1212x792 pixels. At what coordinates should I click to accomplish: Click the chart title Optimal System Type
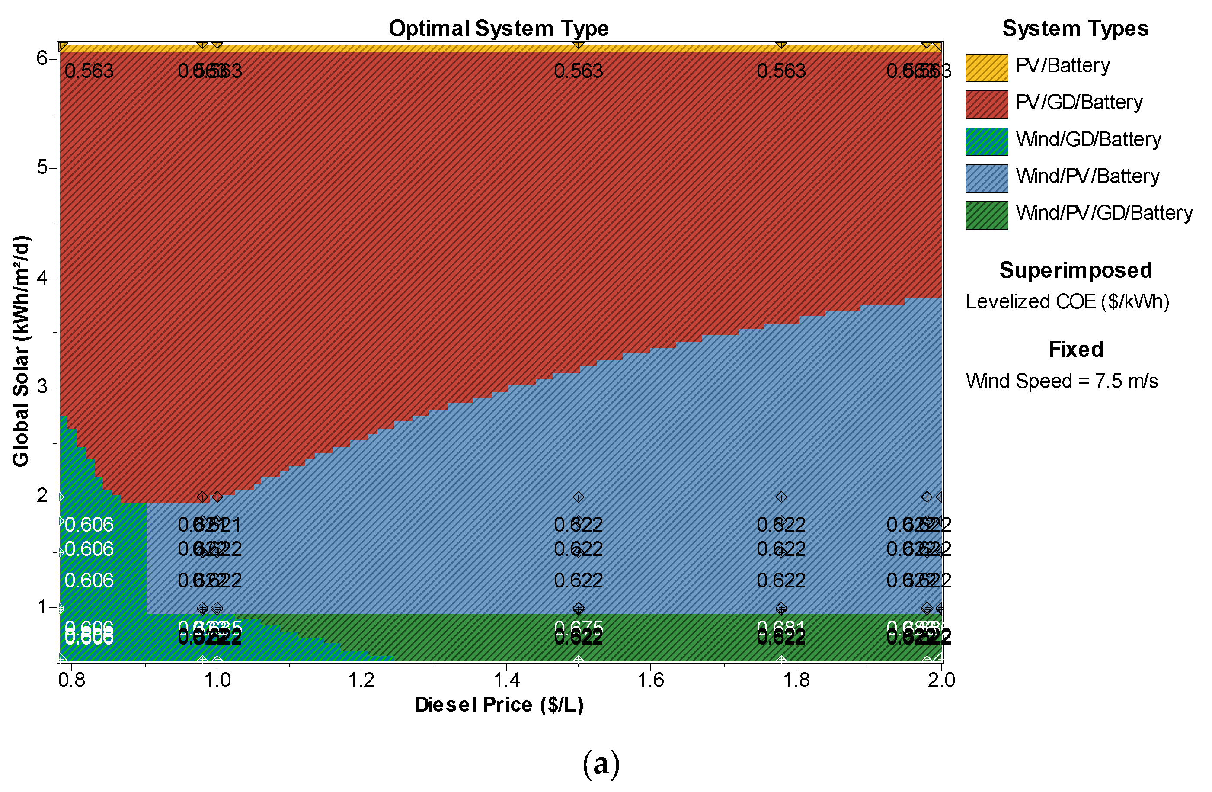(x=498, y=29)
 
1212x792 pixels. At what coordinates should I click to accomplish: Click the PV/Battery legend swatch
(x=986, y=68)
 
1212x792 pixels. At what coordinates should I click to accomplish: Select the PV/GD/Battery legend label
(x=1078, y=103)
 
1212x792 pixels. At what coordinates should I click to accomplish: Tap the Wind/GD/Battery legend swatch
(x=986, y=141)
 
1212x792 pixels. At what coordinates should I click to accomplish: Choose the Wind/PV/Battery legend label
(x=1087, y=176)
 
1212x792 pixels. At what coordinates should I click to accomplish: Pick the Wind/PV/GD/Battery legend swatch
(x=986, y=215)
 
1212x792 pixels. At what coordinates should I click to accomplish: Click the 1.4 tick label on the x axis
(x=507, y=680)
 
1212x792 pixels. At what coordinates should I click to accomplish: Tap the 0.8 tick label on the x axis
(x=72, y=680)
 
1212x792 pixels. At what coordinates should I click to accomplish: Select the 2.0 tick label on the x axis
(x=940, y=680)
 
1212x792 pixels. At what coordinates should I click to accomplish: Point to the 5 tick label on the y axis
(x=42, y=167)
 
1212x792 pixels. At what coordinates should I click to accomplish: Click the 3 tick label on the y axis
(x=42, y=387)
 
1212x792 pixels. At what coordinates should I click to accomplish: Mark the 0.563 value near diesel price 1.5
(x=578, y=71)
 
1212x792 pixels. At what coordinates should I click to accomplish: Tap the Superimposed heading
(x=1075, y=270)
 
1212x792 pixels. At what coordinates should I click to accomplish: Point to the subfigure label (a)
(x=601, y=764)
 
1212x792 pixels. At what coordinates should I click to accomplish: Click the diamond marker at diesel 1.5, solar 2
(x=578, y=497)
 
